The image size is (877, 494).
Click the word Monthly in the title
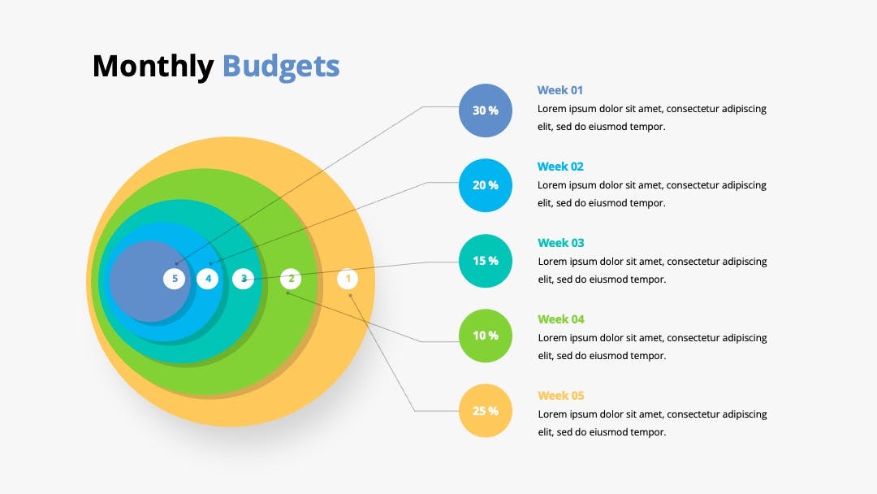click(153, 67)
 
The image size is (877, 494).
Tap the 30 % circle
click(486, 110)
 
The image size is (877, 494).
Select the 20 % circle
click(486, 185)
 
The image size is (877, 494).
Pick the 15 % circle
click(486, 261)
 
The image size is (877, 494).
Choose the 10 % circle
click(486, 336)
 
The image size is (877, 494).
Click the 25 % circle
click(486, 410)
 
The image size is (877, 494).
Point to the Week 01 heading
click(559, 90)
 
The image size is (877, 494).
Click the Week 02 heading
click(560, 167)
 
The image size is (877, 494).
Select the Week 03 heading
click(561, 243)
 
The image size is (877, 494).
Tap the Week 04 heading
click(561, 318)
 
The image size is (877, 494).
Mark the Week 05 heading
click(561, 396)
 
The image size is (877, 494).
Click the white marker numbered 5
click(175, 279)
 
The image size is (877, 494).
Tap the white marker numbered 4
click(208, 279)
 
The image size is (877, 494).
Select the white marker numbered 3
click(244, 279)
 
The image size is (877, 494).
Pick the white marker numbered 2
click(291, 279)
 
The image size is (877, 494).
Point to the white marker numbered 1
click(348, 279)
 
